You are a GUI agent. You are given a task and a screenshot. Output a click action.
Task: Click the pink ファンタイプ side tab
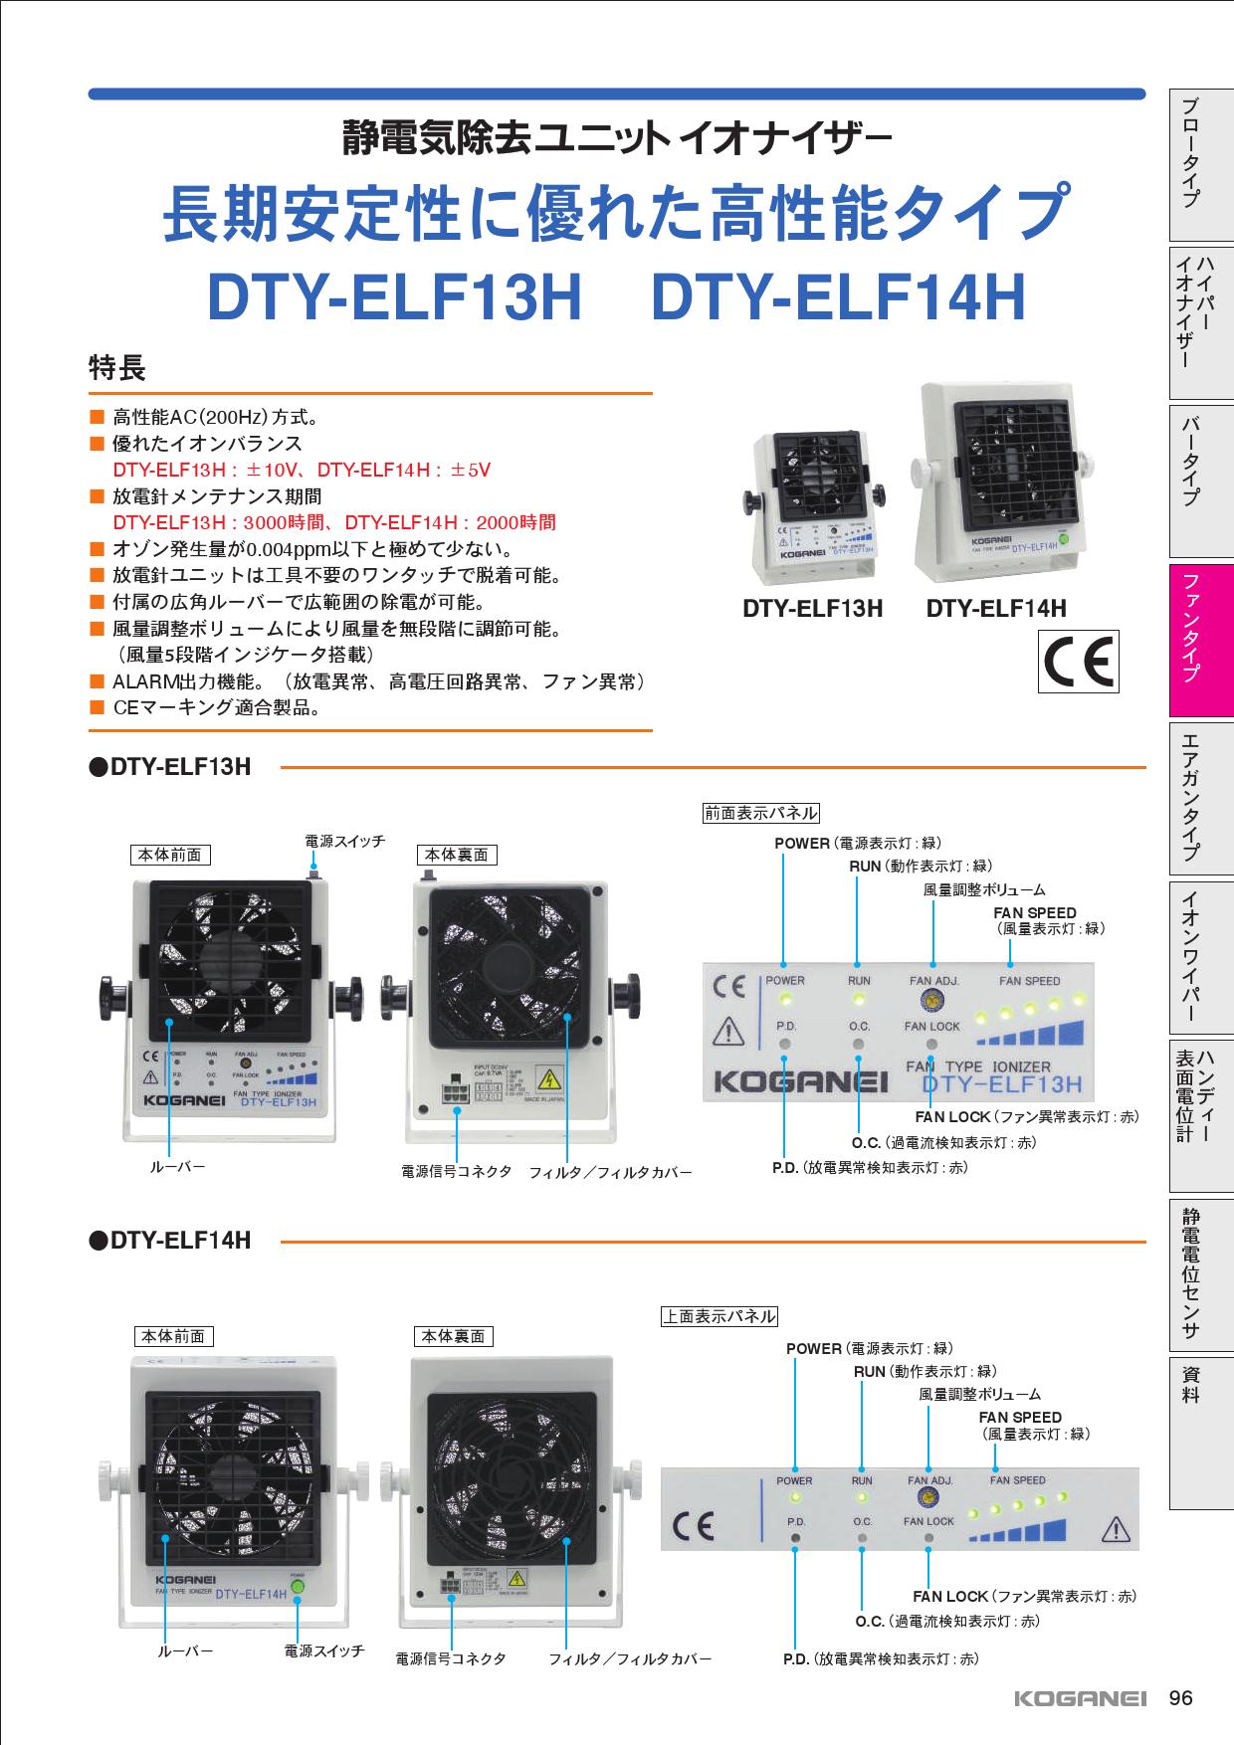pyautogui.click(x=1201, y=640)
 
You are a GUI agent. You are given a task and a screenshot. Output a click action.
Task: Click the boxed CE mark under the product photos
pyautogui.click(x=1078, y=662)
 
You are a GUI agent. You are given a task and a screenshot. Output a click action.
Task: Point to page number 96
pyautogui.click(x=1180, y=1698)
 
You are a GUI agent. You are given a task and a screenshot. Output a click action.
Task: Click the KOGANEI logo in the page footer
pyautogui.click(x=1081, y=1699)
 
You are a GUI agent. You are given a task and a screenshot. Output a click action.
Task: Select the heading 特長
pyautogui.click(x=117, y=369)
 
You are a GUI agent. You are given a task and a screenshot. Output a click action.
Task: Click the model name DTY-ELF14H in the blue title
pyautogui.click(x=838, y=298)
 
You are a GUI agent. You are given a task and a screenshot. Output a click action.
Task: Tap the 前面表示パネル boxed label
pyautogui.click(x=760, y=813)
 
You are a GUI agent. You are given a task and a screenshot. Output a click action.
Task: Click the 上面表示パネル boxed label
pyautogui.click(x=719, y=1316)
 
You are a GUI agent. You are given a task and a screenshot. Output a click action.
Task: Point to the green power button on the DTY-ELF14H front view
pyautogui.click(x=297, y=1587)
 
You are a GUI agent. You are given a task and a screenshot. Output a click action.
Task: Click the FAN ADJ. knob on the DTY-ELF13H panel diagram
pyautogui.click(x=932, y=1001)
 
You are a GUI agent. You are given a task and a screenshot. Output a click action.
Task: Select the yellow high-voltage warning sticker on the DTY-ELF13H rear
pyautogui.click(x=548, y=1079)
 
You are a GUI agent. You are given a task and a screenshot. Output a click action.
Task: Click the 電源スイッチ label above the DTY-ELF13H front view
pyautogui.click(x=344, y=842)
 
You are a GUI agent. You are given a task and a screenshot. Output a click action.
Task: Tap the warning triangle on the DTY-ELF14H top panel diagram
pyautogui.click(x=1118, y=1527)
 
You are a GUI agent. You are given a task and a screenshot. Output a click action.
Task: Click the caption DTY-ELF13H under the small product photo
pyautogui.click(x=812, y=609)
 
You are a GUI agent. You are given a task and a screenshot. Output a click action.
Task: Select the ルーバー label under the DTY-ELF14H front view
pyautogui.click(x=186, y=1650)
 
